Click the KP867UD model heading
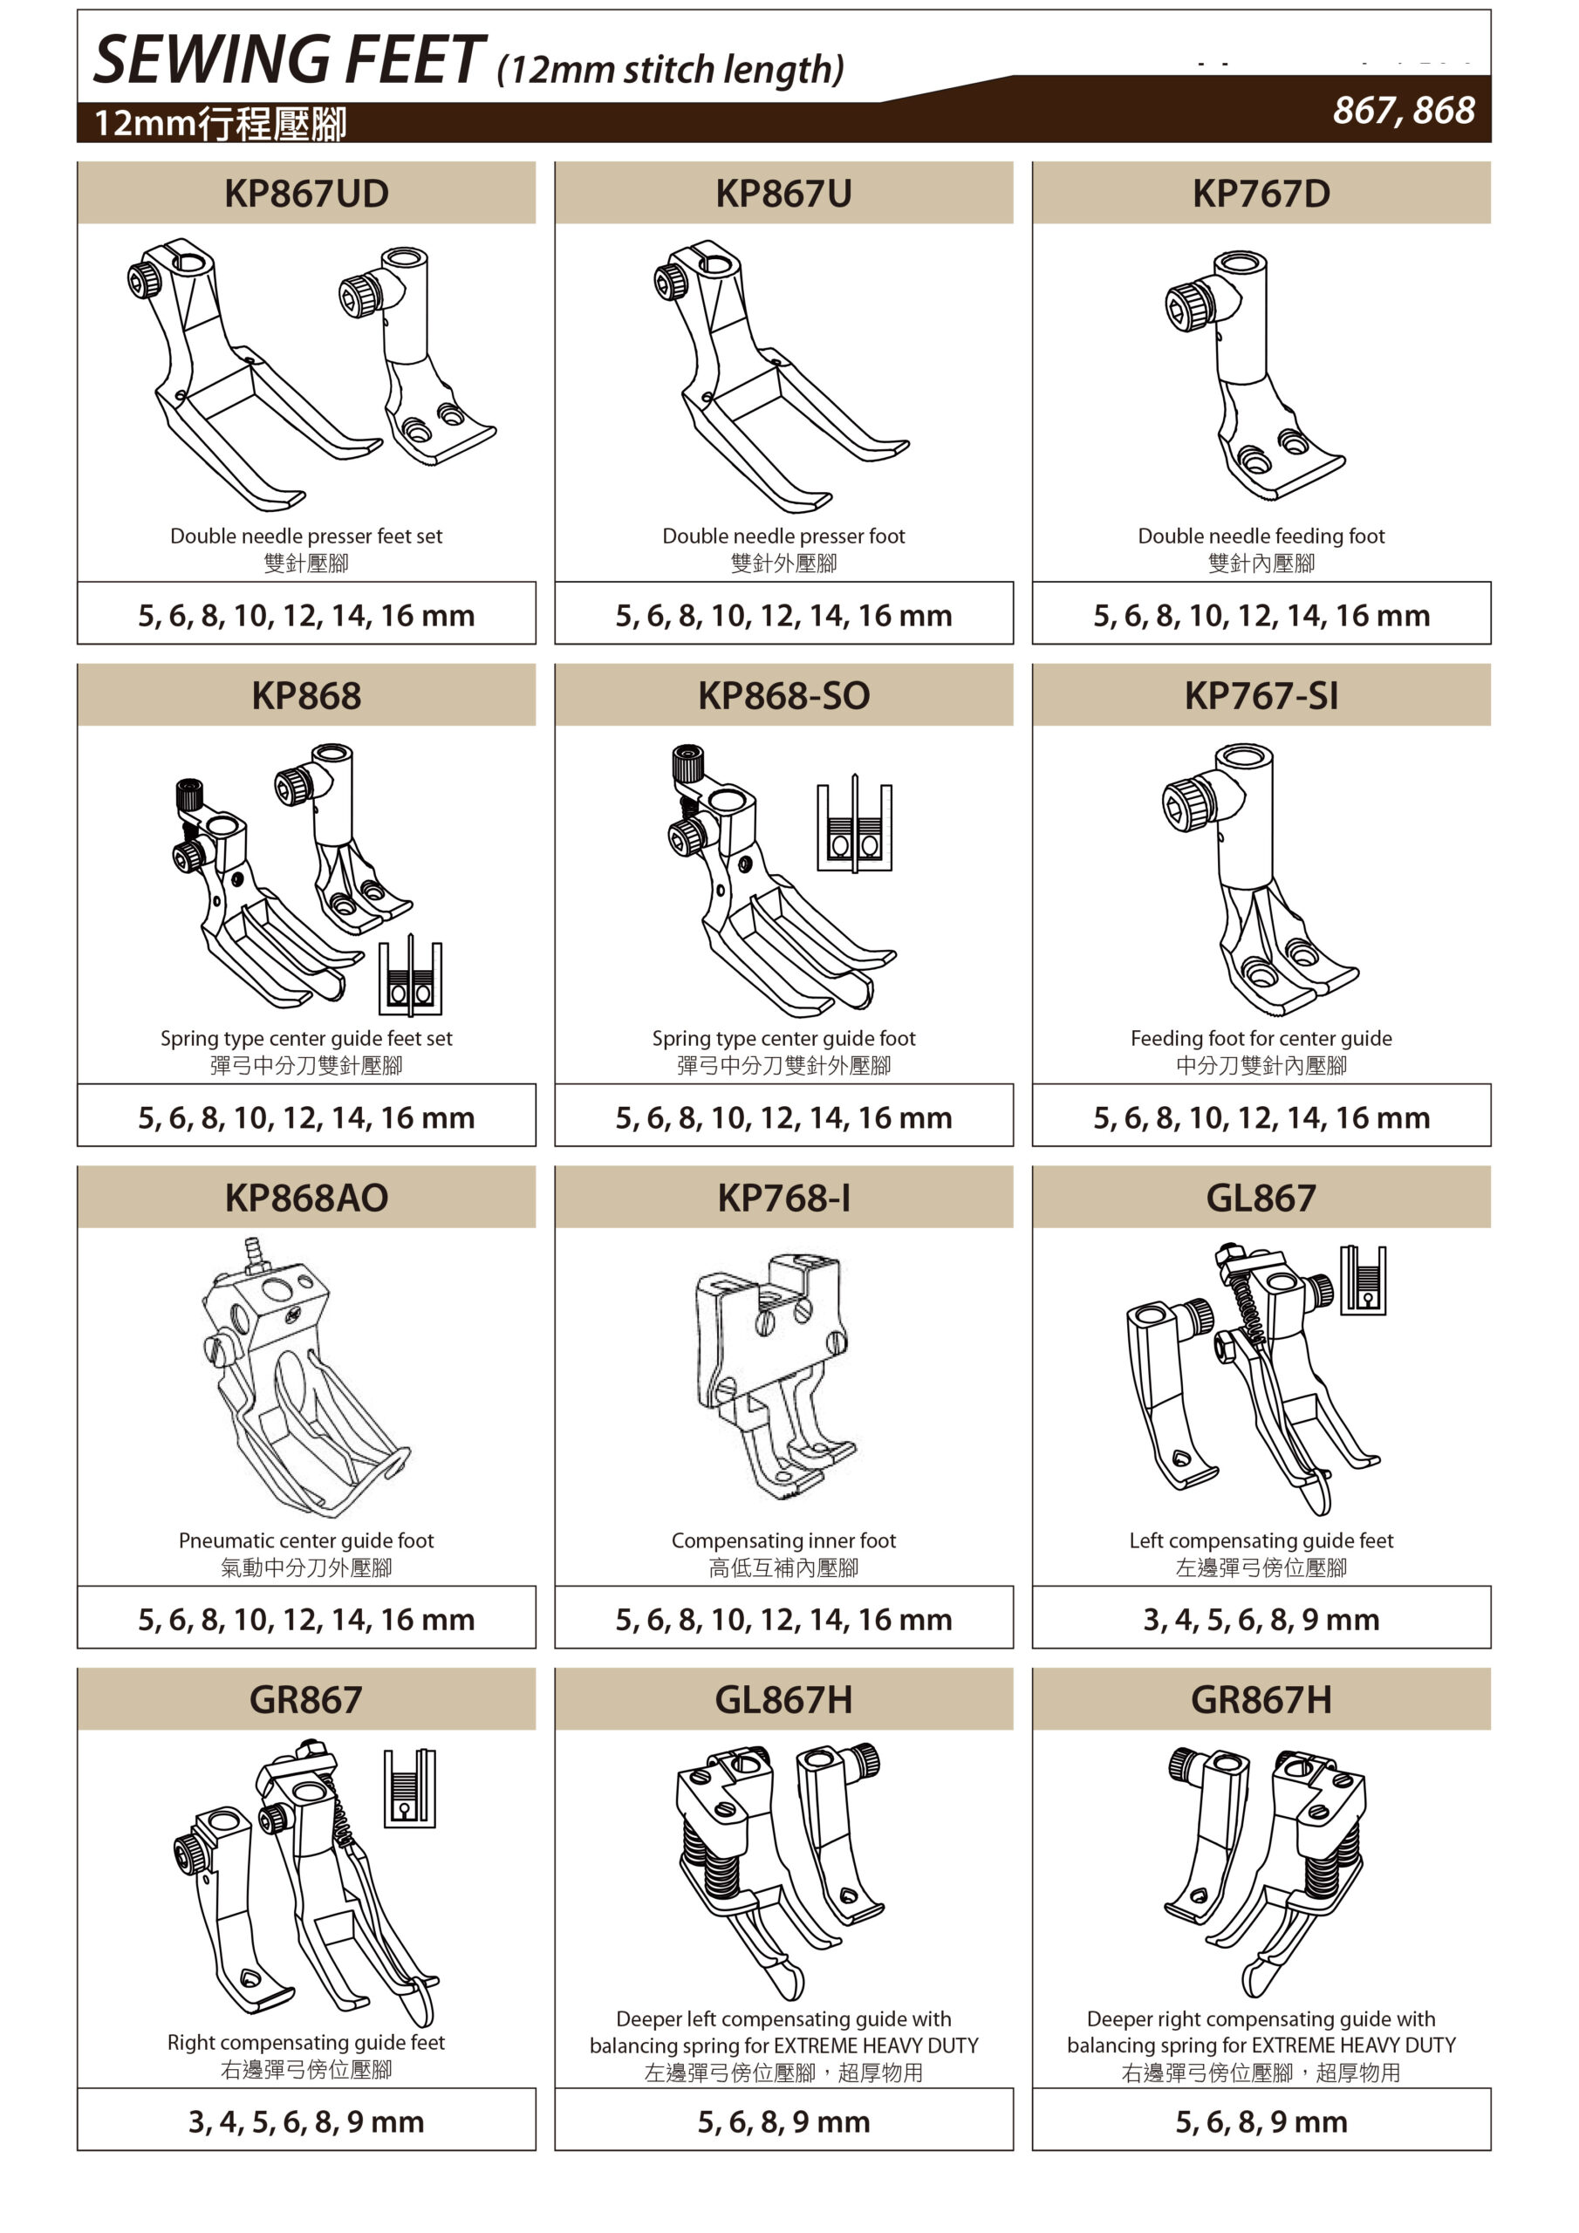[x=305, y=194]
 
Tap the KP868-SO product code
[x=783, y=695]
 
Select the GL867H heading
[x=783, y=1699]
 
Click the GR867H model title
[x=1261, y=1699]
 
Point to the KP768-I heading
[x=783, y=1198]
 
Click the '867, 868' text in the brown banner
[x=1404, y=111]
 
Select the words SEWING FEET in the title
[x=289, y=60]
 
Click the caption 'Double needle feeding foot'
[x=1261, y=536]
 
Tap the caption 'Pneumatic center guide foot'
[x=305, y=1540]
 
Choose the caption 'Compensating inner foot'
[x=783, y=1540]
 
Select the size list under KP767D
[x=1261, y=615]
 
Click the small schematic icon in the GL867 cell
[x=1363, y=1280]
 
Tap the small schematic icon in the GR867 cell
[x=410, y=1788]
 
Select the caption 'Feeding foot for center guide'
[x=1261, y=1038]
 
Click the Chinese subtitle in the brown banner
[x=220, y=124]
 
